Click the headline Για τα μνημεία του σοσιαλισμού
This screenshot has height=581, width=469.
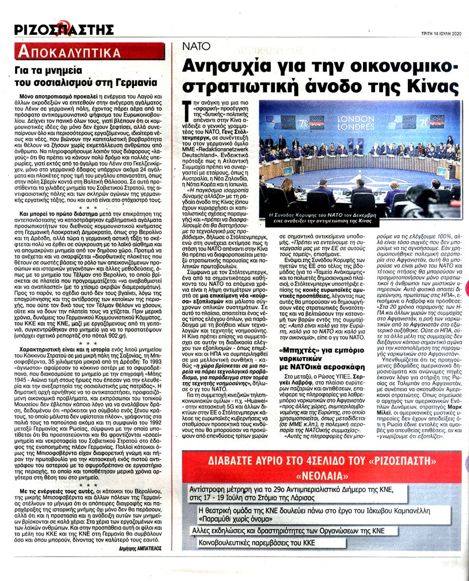(86, 77)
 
